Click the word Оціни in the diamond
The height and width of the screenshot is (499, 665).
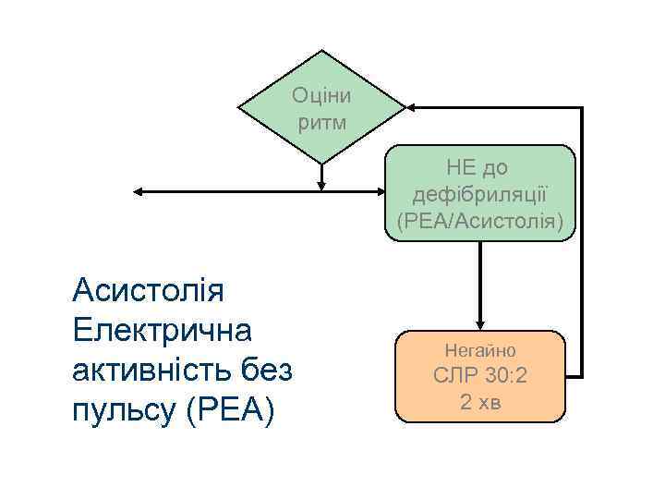[321, 95]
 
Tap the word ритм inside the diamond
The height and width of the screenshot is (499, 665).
[321, 121]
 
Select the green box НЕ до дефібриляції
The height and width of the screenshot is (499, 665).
[481, 193]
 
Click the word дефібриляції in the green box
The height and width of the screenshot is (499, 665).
[481, 194]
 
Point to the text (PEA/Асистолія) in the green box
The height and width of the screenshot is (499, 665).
[481, 221]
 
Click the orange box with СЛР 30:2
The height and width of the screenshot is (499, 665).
[480, 376]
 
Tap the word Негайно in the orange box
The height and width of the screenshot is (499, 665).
[480, 350]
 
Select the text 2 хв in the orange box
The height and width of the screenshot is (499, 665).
[480, 403]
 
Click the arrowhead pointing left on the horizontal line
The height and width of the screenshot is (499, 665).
[139, 192]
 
